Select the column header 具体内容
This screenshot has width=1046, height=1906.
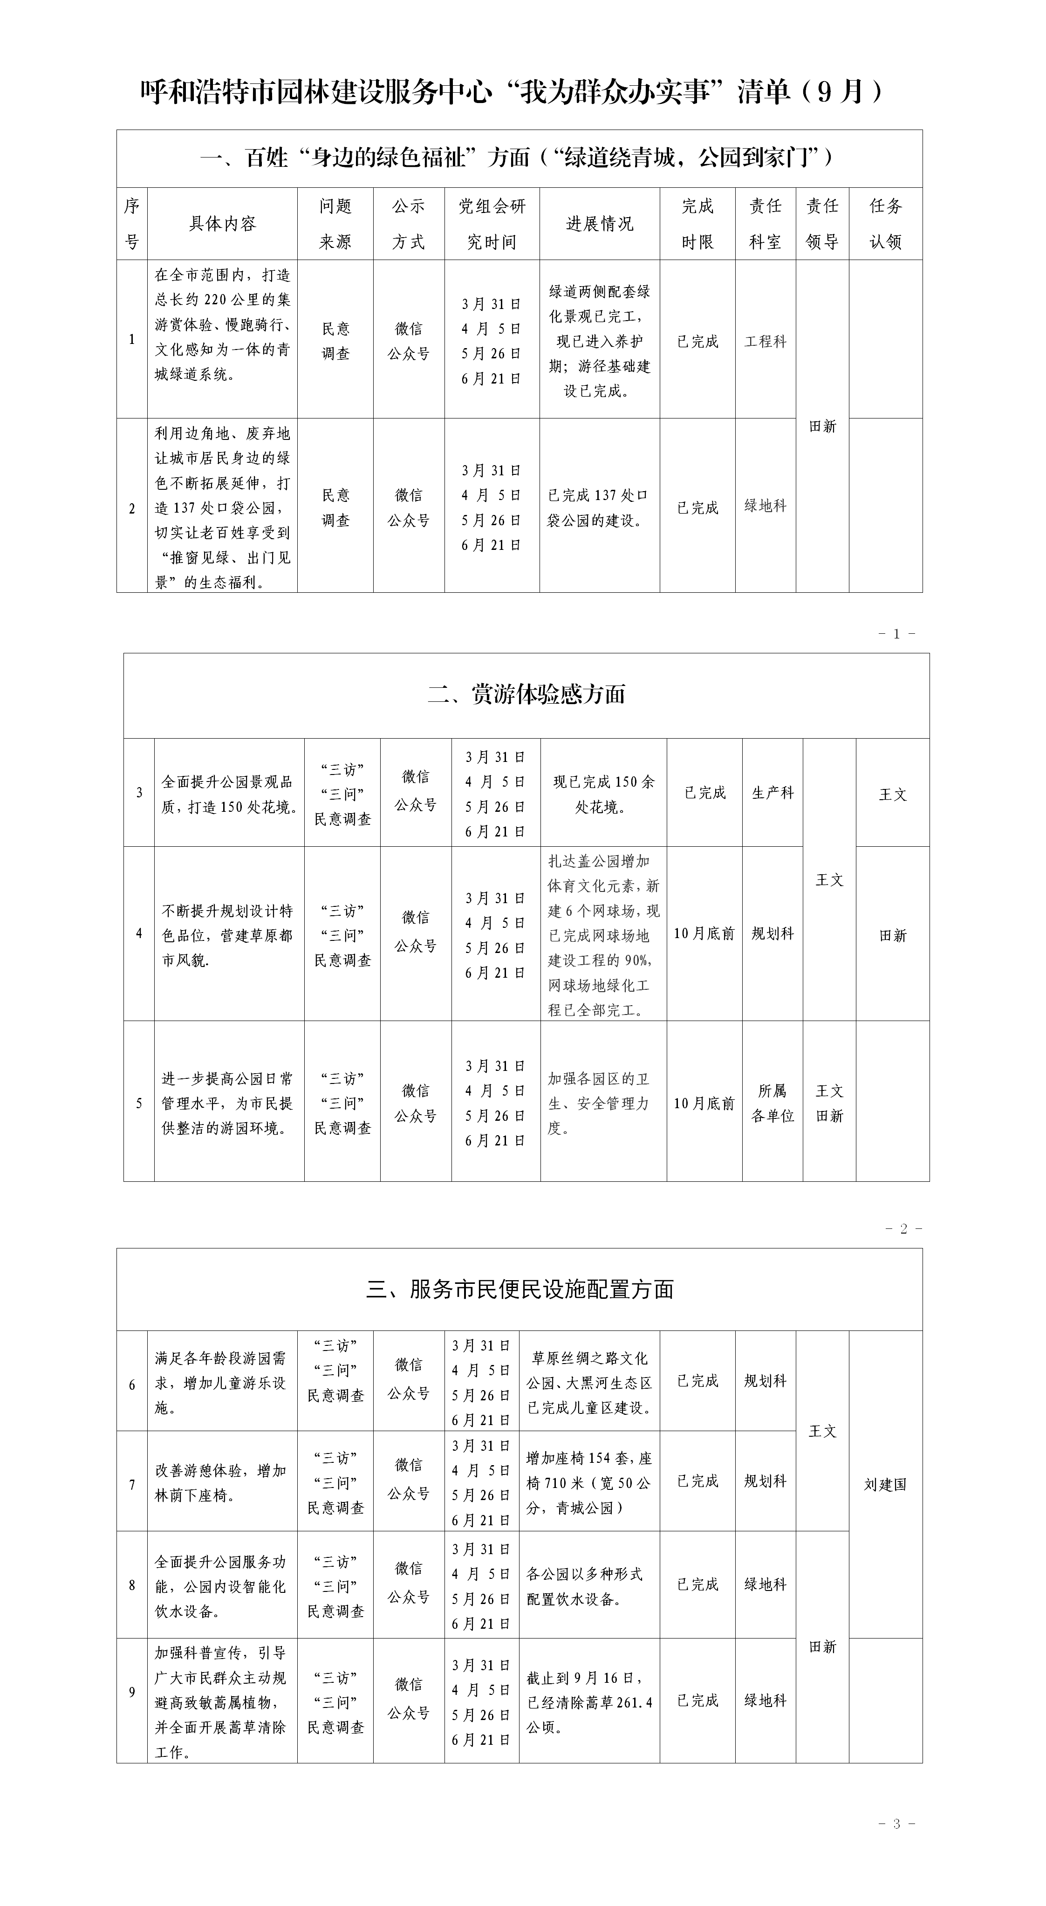coord(222,223)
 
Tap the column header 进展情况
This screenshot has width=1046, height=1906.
coord(599,223)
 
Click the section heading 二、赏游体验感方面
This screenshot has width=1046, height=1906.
coord(526,694)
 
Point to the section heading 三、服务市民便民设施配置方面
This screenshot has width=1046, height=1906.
coord(520,1289)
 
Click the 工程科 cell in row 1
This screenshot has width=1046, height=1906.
coord(765,341)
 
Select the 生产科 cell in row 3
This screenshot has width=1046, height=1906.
coord(773,792)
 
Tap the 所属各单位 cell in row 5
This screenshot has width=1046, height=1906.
coord(773,1103)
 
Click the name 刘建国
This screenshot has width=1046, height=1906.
coord(885,1484)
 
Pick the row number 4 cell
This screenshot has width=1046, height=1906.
coord(139,934)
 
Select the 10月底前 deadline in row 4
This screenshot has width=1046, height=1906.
coord(704,934)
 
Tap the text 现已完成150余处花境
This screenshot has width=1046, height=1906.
coord(604,794)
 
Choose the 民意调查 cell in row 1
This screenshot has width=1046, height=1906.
coord(335,341)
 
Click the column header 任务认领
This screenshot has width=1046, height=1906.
coord(885,223)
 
